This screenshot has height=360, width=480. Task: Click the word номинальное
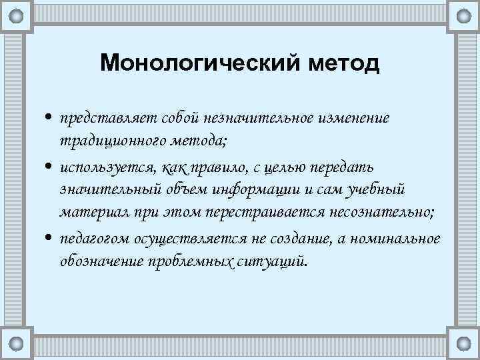[393, 238]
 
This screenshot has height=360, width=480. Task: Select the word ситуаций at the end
[271, 262]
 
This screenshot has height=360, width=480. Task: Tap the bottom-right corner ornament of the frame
[463, 343]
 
